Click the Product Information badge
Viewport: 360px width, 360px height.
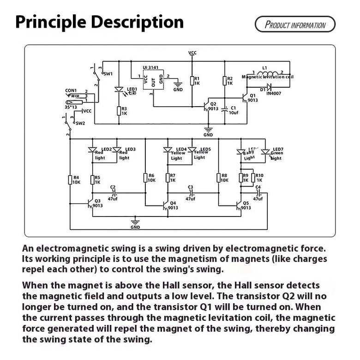click(x=295, y=24)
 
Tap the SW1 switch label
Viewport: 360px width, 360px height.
click(x=108, y=73)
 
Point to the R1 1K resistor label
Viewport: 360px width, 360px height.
click(x=197, y=81)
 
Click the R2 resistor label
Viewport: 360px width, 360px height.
click(x=230, y=81)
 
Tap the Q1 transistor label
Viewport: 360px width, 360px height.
click(x=252, y=97)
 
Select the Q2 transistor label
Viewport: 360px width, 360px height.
click(x=213, y=106)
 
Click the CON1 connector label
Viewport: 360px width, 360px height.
click(x=71, y=90)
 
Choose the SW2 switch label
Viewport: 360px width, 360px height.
click(x=80, y=123)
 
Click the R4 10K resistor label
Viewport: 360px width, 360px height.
click(x=77, y=180)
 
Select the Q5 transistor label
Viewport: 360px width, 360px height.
click(x=246, y=205)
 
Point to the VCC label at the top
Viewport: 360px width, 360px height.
click(x=192, y=53)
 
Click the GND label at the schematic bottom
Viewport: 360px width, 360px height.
click(x=135, y=227)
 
